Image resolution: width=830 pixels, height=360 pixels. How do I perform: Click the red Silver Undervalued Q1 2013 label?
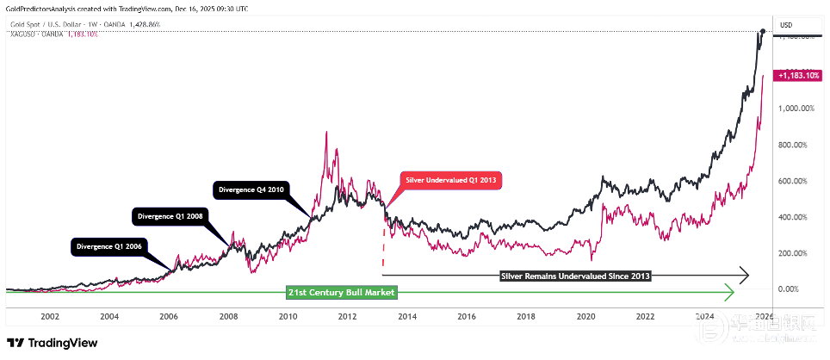point(450,180)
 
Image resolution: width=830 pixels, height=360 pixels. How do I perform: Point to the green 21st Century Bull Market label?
point(341,293)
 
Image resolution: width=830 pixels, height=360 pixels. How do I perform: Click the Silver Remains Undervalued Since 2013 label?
point(575,276)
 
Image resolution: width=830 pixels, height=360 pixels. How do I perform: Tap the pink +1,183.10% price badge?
point(800,76)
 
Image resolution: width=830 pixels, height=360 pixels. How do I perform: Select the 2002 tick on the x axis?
point(49,317)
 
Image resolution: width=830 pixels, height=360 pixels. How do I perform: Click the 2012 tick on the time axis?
point(347,317)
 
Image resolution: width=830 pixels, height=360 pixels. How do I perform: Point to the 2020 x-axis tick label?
point(585,317)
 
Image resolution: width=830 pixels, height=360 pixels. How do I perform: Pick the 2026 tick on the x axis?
point(764,317)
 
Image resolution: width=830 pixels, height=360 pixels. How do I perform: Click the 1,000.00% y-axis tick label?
point(796,109)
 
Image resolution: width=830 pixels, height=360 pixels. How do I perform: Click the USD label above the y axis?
point(785,25)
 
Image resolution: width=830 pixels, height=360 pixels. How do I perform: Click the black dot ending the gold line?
point(764,32)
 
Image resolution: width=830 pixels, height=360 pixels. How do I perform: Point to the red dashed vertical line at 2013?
point(383,245)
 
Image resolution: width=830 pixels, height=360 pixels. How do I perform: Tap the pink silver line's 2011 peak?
point(325,133)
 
